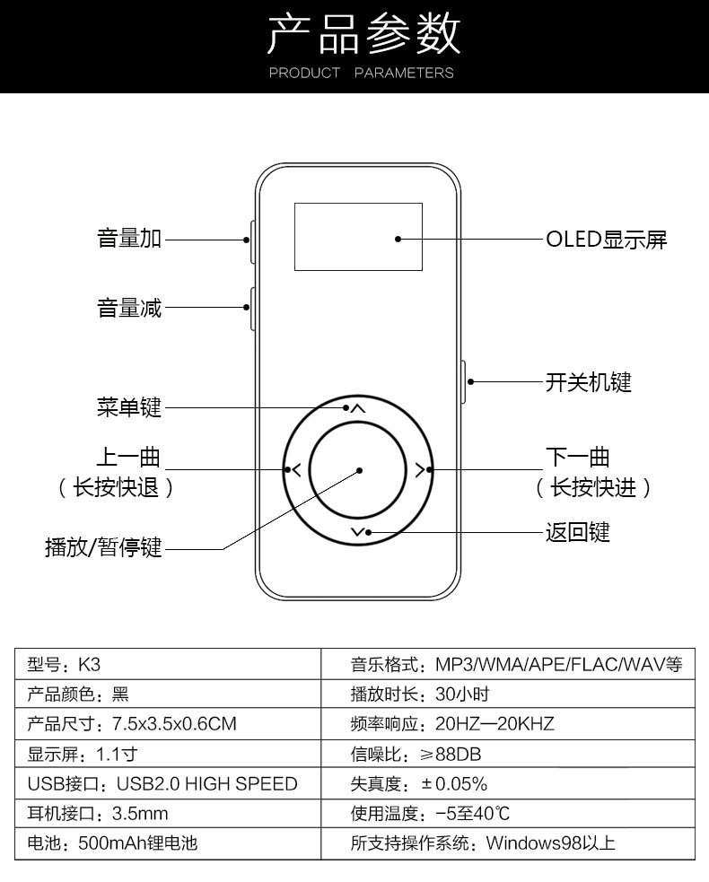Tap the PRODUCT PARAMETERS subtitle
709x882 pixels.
361,73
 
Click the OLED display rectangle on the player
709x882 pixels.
358,237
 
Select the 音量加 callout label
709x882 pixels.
129,239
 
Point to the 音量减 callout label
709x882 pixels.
129,308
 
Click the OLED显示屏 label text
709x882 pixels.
607,240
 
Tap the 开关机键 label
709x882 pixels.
589,382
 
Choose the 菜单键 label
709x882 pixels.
129,407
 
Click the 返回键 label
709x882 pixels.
578,532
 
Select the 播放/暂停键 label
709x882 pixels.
103,546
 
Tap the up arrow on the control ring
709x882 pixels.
357,409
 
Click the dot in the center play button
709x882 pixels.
359,469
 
